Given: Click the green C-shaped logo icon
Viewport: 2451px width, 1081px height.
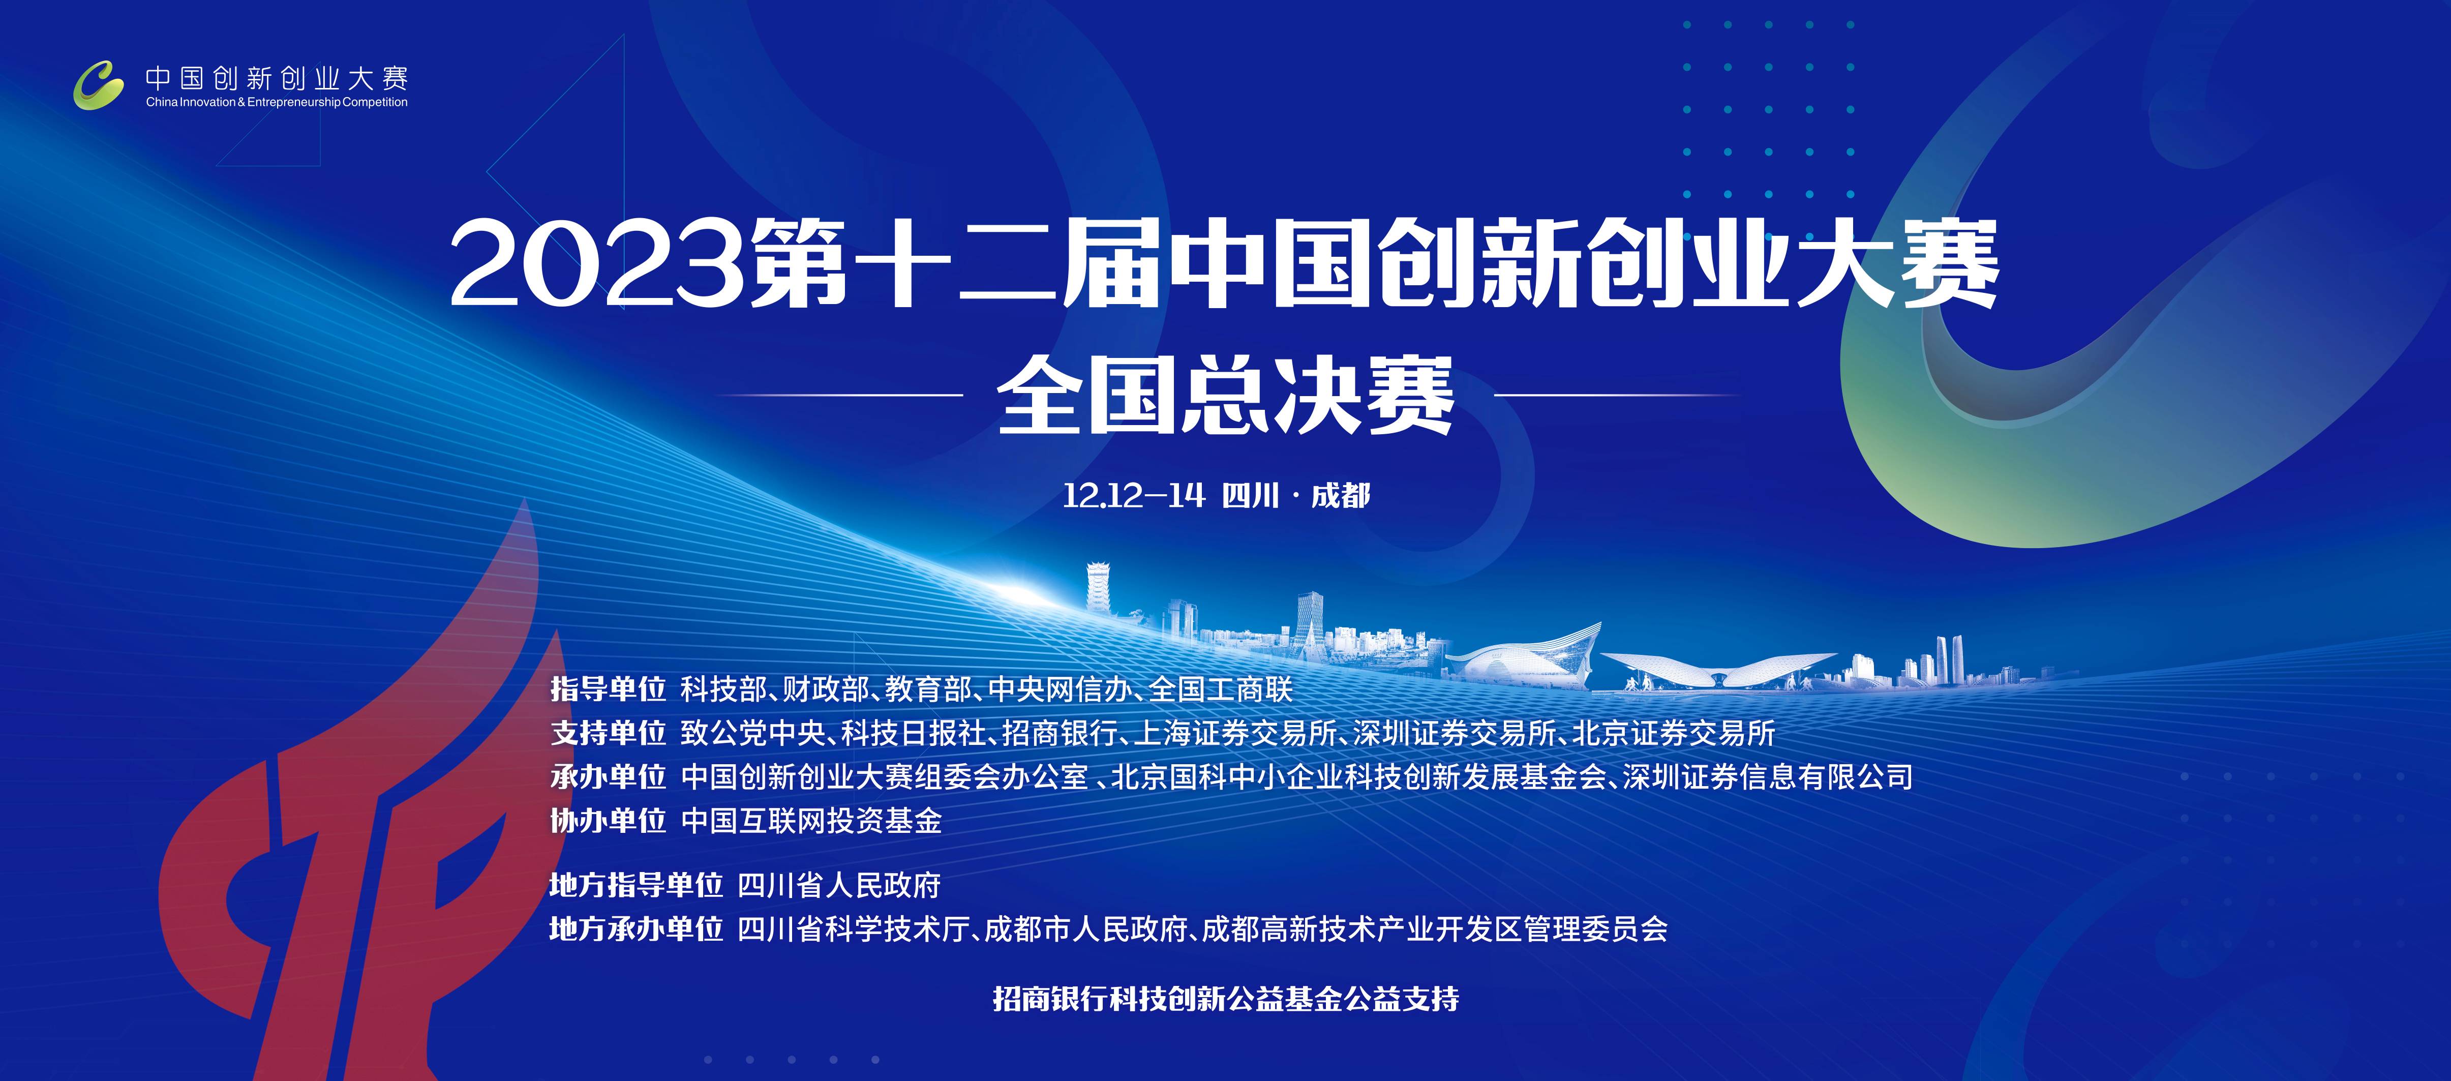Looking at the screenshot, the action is (99, 85).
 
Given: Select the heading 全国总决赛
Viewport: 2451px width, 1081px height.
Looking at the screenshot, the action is (1225, 395).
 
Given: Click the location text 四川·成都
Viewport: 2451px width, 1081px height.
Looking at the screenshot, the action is (1296, 496).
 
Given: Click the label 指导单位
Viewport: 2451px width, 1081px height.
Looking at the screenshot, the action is (608, 689).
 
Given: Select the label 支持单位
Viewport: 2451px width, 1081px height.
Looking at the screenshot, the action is (608, 733).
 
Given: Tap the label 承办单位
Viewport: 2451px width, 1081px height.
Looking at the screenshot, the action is (608, 776).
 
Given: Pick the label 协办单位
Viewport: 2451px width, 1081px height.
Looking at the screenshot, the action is (608, 820).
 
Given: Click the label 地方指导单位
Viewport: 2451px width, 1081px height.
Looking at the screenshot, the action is (637, 885).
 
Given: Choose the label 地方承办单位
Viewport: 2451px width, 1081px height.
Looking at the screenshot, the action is (637, 929).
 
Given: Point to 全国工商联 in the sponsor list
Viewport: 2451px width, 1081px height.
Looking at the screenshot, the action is (1221, 689).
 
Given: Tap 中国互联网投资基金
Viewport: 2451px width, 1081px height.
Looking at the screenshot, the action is (811, 820).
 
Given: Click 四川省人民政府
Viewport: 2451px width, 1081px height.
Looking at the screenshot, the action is (839, 885).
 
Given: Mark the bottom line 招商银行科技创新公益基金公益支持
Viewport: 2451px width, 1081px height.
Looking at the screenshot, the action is (1225, 998).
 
